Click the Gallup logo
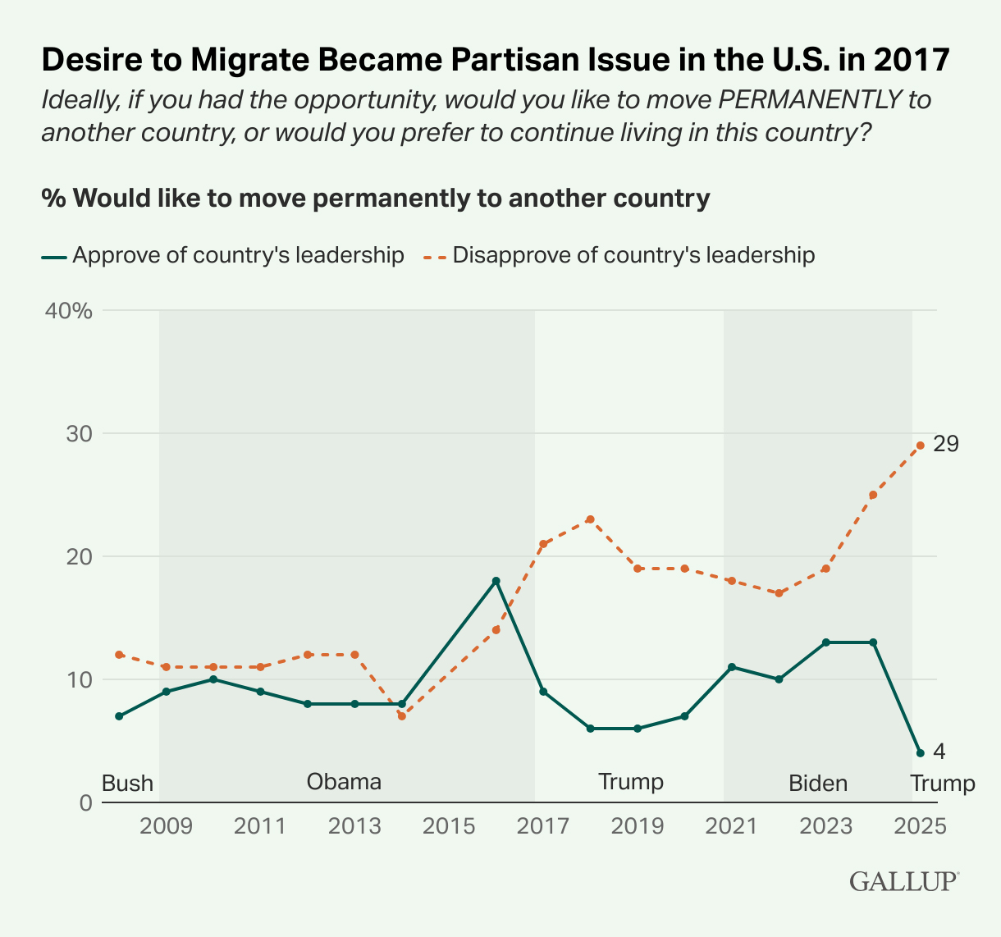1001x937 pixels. (x=904, y=881)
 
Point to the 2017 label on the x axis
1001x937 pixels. (x=543, y=825)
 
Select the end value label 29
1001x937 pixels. (x=946, y=444)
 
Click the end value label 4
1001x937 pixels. (x=939, y=751)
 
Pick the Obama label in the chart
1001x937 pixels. (x=344, y=781)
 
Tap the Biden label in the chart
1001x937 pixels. (x=818, y=783)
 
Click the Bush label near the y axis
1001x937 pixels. (x=127, y=783)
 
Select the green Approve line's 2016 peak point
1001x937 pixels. (x=496, y=581)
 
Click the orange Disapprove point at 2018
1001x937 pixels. (x=590, y=519)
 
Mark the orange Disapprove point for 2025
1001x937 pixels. (x=921, y=446)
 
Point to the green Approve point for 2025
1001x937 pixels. (x=921, y=753)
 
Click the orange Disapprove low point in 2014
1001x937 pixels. (x=401, y=716)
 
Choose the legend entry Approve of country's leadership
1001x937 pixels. (x=238, y=255)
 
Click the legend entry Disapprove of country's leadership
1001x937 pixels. (x=633, y=255)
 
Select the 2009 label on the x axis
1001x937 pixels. (x=166, y=825)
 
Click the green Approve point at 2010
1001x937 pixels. (x=213, y=679)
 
